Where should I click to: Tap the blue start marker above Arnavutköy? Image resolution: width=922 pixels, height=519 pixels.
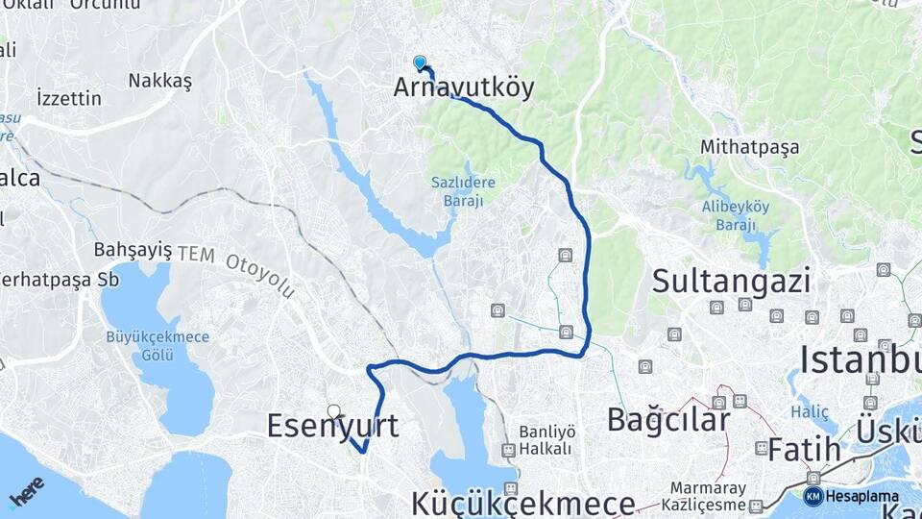pos(420,62)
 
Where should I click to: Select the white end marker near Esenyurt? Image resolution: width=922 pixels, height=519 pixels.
pos(333,411)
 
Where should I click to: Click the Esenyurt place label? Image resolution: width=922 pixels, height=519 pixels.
pos(332,426)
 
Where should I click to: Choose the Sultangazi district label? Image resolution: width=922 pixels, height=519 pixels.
pos(731,281)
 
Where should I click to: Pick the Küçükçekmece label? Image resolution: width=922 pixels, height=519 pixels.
pos(523,503)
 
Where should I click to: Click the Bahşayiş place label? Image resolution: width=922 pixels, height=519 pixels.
pos(133,250)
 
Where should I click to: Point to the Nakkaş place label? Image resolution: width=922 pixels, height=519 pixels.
pos(159,80)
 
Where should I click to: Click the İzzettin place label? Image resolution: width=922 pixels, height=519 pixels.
pos(68,98)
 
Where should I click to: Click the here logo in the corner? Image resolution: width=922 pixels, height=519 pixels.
pos(26,490)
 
